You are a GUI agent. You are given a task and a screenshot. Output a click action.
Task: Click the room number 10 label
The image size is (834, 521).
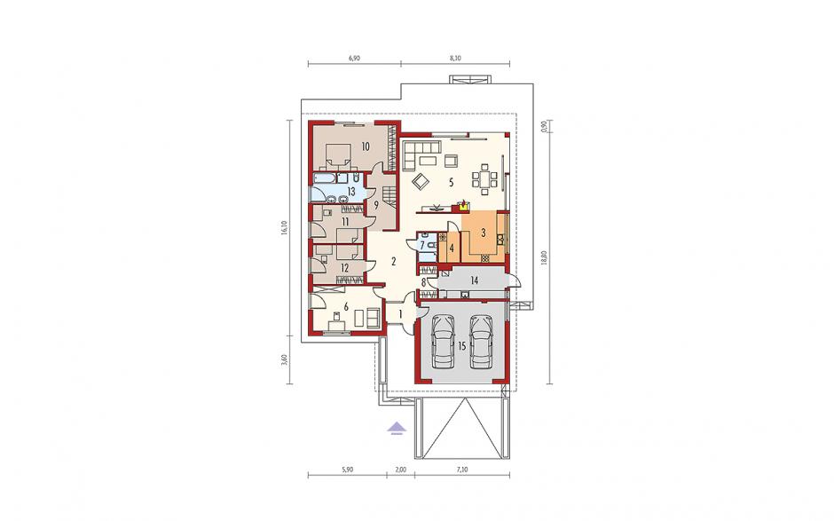click(x=365, y=146)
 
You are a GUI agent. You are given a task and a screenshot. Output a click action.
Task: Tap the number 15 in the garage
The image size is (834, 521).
click(x=461, y=346)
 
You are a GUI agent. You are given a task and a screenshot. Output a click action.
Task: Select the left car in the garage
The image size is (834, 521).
click(x=443, y=341)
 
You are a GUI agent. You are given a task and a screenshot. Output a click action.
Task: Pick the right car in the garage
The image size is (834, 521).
click(x=482, y=341)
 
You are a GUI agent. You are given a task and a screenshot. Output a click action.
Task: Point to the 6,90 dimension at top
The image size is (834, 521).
click(x=354, y=59)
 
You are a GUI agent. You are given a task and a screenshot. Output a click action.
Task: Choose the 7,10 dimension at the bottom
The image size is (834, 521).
click(x=461, y=469)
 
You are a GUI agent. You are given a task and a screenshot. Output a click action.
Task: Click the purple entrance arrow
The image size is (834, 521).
click(x=397, y=427)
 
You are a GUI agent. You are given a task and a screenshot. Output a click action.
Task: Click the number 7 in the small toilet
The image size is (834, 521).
click(x=423, y=245)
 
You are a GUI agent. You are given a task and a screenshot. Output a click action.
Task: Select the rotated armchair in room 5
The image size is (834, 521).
click(x=421, y=181)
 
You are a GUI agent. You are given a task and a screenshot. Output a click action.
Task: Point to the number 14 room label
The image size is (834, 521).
click(x=475, y=280)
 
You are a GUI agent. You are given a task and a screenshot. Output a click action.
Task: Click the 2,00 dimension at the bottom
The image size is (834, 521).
click(x=400, y=469)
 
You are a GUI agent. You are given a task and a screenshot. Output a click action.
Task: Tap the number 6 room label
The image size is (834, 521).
click(x=346, y=306)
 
